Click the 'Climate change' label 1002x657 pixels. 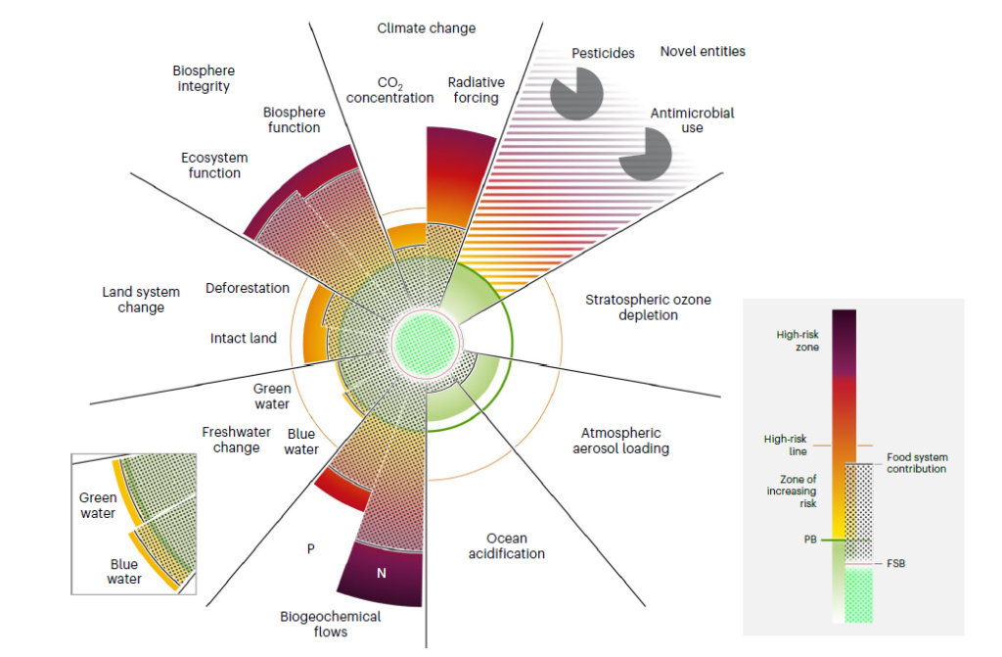(427, 28)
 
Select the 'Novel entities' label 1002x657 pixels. (703, 51)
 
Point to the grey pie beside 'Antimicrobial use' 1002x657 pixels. (645, 155)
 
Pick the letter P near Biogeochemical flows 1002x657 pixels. (311, 548)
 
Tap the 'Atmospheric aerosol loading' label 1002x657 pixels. (621, 441)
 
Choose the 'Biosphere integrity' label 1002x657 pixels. (204, 78)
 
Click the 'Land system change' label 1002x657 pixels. (141, 300)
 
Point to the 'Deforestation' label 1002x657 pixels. (248, 288)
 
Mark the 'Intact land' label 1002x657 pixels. (244, 339)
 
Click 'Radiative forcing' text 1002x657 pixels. (474, 90)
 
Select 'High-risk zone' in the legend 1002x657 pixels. (798, 341)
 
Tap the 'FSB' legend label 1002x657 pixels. (894, 564)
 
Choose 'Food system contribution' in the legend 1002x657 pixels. (917, 463)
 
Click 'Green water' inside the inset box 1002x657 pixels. (97, 505)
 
